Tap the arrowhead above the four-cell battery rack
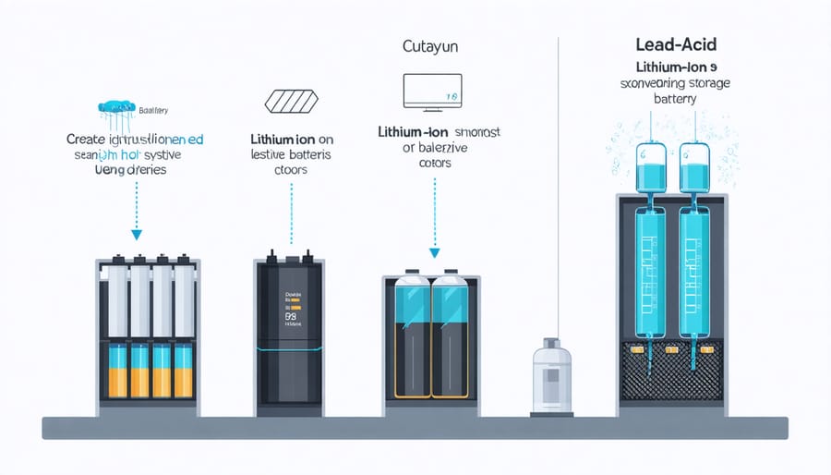(137, 235)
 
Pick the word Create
(88, 139)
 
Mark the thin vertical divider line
(560, 185)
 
